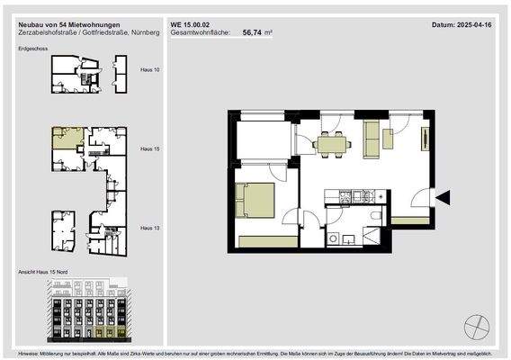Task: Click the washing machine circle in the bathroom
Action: coord(333,238)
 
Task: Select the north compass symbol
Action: coord(478,325)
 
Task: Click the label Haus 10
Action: coord(150,68)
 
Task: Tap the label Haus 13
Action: coord(150,229)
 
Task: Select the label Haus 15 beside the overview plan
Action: coord(150,148)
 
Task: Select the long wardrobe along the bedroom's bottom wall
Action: coord(266,239)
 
